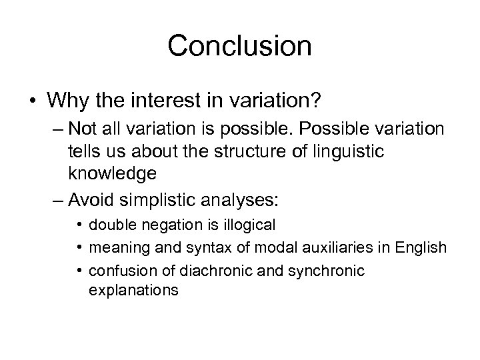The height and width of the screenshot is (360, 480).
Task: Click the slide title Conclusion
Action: click(239, 46)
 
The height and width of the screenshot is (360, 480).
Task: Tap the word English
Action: click(417, 248)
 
